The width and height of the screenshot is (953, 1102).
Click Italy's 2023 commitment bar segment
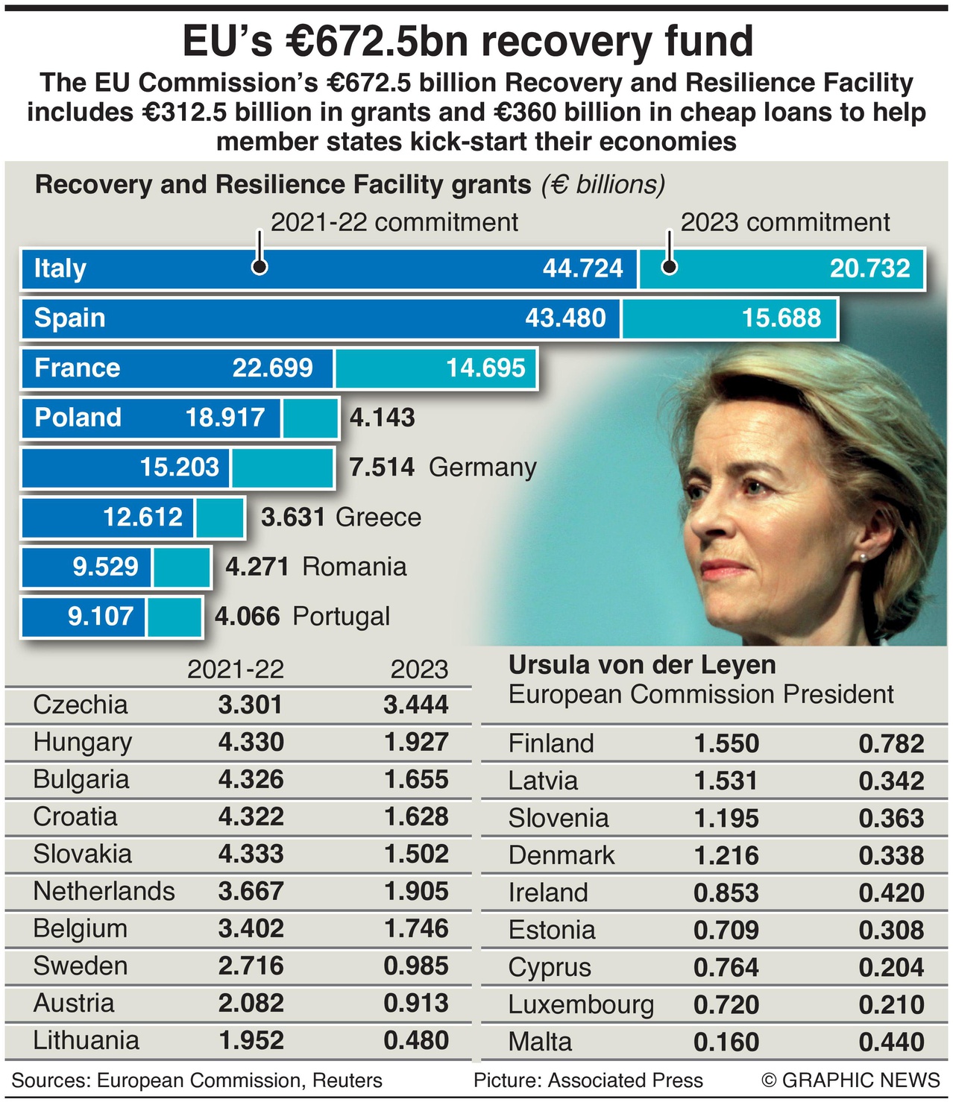781,268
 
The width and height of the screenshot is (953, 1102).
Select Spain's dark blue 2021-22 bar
321,318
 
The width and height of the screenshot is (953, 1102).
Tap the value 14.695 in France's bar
485,368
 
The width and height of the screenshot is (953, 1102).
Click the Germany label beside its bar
482,467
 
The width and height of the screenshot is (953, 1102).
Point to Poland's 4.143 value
382,418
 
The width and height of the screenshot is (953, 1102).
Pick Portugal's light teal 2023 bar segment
174,617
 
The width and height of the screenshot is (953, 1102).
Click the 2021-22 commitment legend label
394,222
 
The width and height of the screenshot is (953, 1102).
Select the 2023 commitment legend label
784,222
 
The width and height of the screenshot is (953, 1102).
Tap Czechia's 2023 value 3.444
416,705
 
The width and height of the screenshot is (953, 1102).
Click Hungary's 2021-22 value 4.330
251,742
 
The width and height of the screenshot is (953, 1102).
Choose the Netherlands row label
104,891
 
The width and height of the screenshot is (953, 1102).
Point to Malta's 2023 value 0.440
891,1042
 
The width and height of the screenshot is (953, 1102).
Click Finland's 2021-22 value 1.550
726,743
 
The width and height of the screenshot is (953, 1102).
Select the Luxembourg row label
580,1004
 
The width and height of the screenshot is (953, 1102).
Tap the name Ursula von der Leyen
641,664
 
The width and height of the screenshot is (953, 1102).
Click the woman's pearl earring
863,557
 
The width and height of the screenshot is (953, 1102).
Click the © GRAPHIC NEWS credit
850,1080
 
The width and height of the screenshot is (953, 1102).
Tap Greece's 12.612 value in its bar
142,517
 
